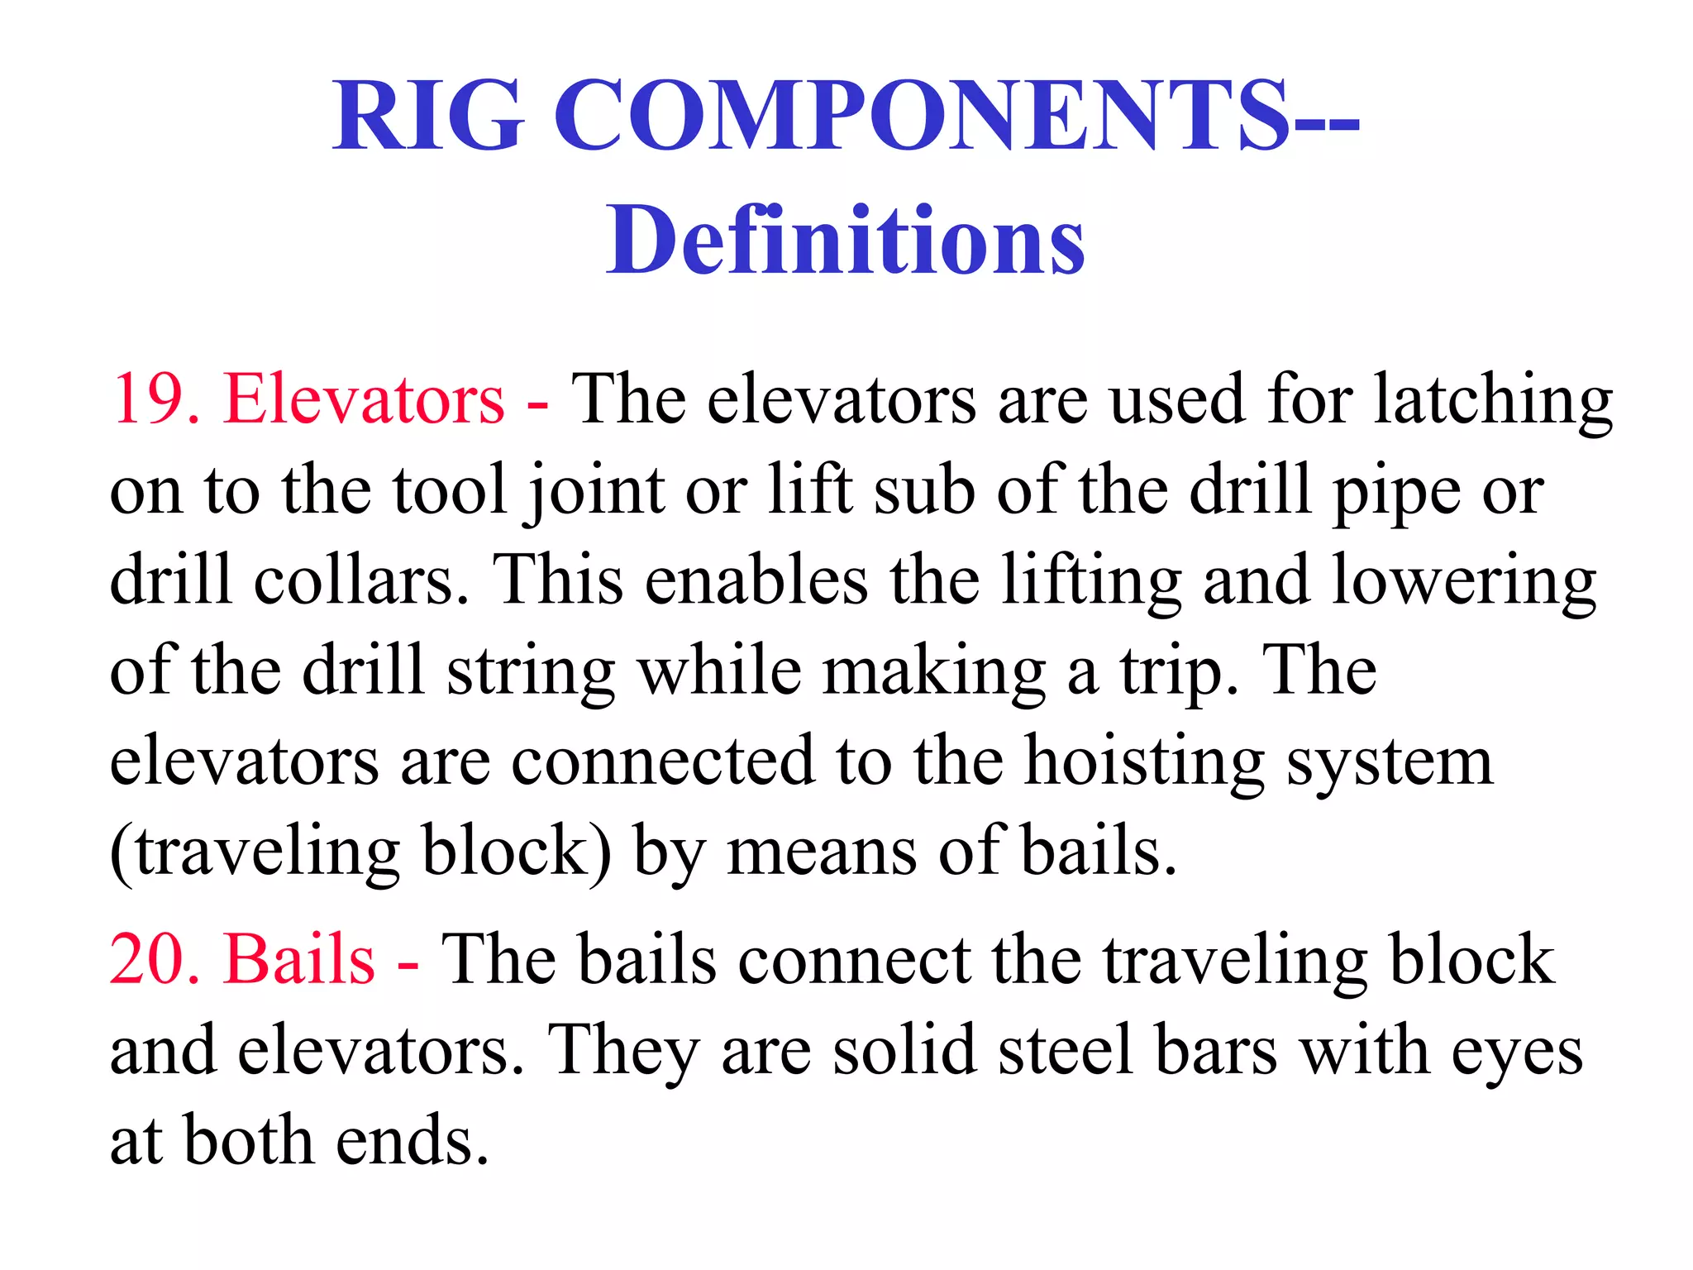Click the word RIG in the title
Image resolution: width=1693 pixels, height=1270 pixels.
coord(428,116)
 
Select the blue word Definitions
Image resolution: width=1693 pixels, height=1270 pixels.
coord(845,241)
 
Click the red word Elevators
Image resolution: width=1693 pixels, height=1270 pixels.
coord(363,399)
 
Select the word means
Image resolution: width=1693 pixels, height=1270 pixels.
coord(822,852)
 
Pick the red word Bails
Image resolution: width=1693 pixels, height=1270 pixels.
coord(299,961)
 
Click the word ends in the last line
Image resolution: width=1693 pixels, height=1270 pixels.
coord(413,1141)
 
